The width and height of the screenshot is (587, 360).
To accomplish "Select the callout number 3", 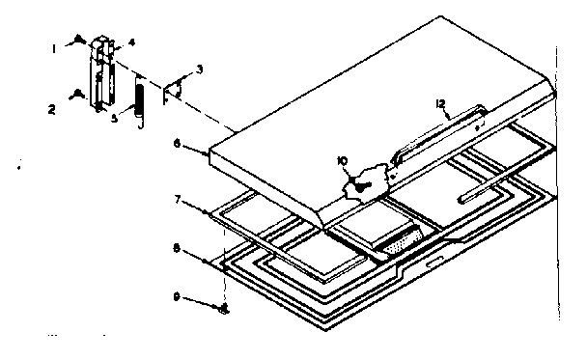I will point(199,69).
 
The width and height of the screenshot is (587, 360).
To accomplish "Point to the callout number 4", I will point(132,42).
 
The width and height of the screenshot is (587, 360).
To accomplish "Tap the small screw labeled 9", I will point(224,308).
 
